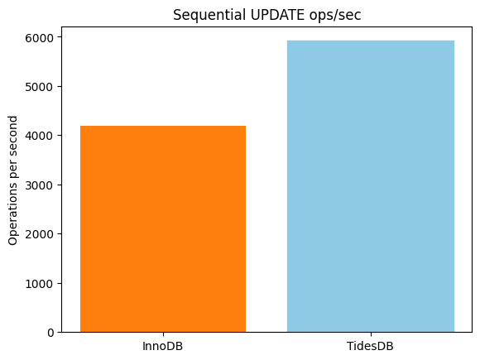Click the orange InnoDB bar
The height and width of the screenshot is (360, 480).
163,229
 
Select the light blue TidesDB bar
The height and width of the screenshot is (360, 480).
370,186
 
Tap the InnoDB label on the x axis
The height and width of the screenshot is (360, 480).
163,345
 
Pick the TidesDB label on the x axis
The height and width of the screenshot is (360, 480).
370,345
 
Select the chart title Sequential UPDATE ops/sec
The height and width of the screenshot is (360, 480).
267,15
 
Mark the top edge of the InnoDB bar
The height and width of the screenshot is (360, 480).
163,127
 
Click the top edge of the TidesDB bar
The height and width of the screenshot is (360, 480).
370,41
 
